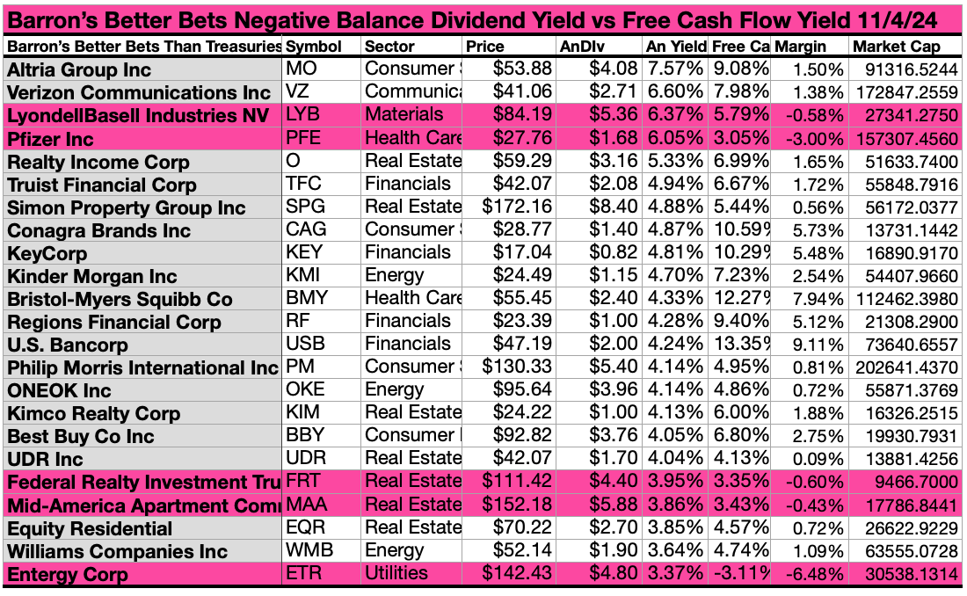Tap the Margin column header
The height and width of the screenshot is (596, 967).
799,46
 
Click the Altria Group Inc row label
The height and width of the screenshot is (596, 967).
79,69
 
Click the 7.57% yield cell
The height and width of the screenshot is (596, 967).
675,69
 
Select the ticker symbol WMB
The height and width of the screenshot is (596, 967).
309,550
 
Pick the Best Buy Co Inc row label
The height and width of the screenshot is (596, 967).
81,436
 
